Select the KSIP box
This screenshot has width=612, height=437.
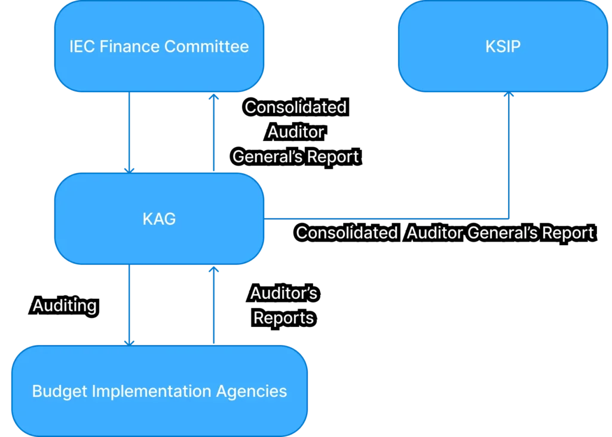click(x=503, y=46)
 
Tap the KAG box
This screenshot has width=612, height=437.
click(x=159, y=219)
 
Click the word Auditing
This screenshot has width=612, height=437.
click(x=65, y=306)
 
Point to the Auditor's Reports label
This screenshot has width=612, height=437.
click(x=283, y=305)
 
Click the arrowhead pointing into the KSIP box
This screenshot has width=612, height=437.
click(x=509, y=96)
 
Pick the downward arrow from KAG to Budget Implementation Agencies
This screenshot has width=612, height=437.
click(x=130, y=305)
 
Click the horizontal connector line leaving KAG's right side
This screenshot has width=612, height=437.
click(x=388, y=218)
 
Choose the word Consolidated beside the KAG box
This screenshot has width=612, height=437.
click(x=347, y=233)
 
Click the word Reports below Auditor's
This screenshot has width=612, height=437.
click(x=283, y=318)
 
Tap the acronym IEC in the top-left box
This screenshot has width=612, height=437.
click(x=81, y=47)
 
